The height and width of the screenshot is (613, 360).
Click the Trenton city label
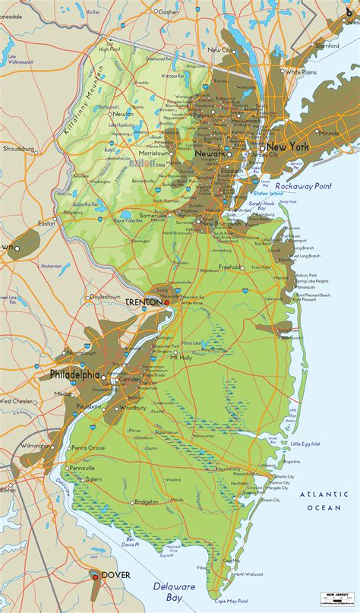tap(144, 302)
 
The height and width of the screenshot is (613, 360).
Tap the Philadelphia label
tap(74, 374)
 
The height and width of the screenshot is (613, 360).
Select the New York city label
tap(286, 147)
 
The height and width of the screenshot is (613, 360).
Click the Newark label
tap(210, 153)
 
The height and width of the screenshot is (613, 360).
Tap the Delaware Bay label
tap(174, 592)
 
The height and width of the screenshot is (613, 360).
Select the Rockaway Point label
tap(303, 186)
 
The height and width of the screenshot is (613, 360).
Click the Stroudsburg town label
tap(21, 150)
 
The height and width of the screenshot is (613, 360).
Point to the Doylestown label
tap(105, 296)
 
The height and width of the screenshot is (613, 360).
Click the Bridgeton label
tap(146, 502)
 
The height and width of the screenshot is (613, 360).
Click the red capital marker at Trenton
tap(166, 302)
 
